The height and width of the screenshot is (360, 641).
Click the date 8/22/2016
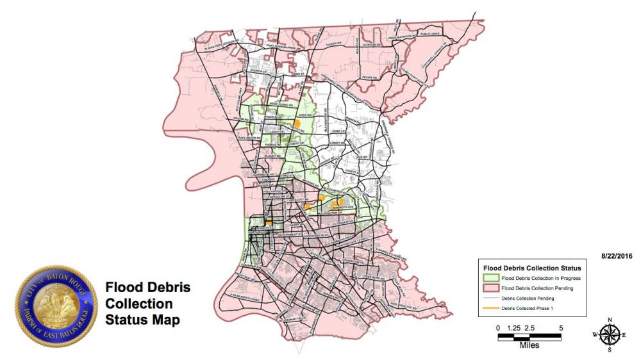pyautogui.click(x=617, y=256)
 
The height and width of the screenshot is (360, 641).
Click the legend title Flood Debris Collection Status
pyautogui.click(x=532, y=268)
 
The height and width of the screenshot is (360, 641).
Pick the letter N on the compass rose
pyautogui.click(x=610, y=320)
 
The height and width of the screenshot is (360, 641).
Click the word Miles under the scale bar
pyautogui.click(x=529, y=345)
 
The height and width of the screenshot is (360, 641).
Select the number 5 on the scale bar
pyautogui.click(x=562, y=328)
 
